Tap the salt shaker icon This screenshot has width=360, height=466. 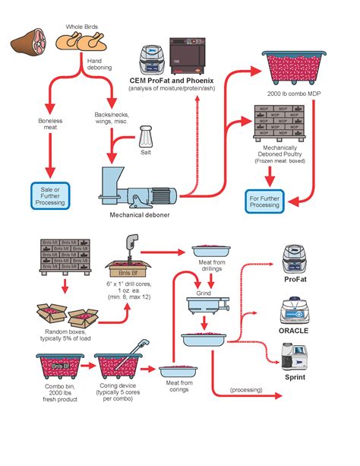tap(147, 140)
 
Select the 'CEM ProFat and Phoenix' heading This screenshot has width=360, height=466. tap(172, 80)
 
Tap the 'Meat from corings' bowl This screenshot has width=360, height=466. tap(179, 372)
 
